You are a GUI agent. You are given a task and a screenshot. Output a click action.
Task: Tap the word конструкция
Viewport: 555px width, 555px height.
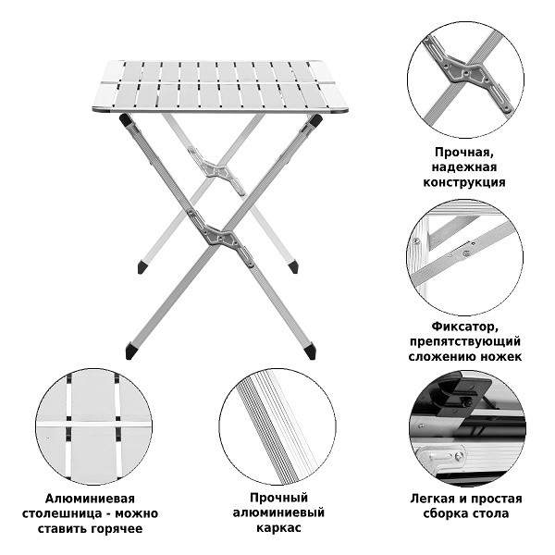pos(464,182)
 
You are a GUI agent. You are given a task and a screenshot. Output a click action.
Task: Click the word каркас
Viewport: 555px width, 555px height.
pos(278,528)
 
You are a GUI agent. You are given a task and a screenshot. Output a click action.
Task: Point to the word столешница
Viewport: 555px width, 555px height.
pos(61,513)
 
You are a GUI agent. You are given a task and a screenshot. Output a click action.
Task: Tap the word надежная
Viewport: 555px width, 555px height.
pos(464,167)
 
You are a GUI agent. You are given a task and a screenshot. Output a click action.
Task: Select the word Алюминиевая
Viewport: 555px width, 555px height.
pos(90,499)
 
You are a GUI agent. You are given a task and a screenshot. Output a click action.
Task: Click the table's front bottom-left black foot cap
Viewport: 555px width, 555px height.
pos(131,351)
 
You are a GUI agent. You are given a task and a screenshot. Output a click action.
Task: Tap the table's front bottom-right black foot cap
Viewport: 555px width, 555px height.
pos(310,351)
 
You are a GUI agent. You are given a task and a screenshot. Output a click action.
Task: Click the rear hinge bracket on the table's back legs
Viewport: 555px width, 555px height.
pos(216,170)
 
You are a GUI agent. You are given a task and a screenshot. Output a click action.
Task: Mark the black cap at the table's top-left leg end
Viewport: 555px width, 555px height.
pos(125,119)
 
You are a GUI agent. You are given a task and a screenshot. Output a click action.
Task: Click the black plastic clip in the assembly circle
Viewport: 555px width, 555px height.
pos(464,395)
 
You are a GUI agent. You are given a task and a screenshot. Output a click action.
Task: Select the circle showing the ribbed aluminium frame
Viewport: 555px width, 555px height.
pos(277,426)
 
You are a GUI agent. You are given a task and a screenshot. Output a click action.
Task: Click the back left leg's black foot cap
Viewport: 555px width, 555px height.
pos(142,267)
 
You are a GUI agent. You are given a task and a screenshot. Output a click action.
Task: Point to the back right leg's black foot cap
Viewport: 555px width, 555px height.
pos(293,267)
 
